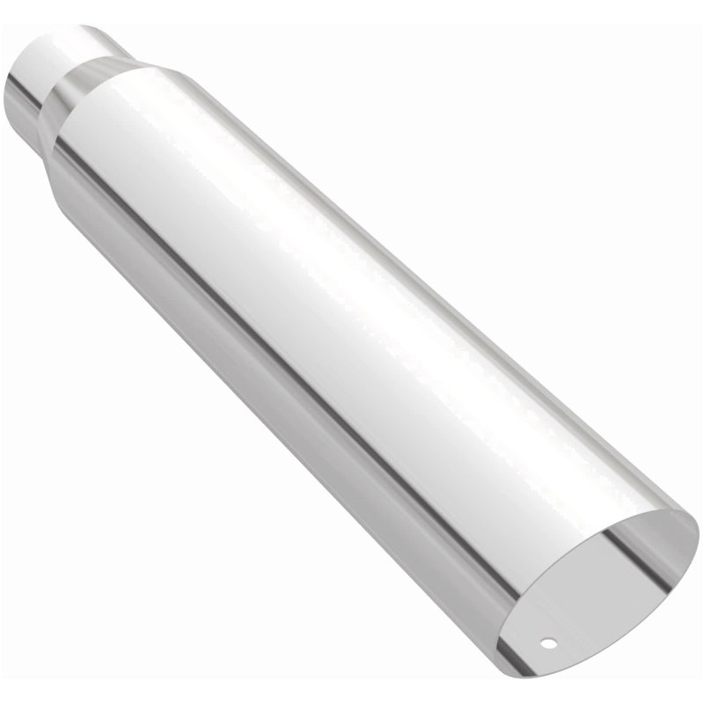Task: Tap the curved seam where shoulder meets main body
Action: click(114, 88)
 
